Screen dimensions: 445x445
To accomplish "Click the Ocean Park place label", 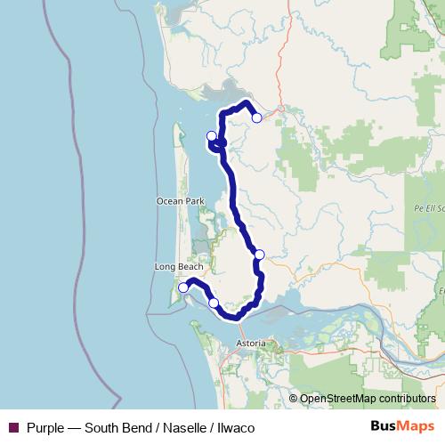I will pos(181,202).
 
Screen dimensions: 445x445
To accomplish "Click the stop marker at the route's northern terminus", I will pos(256,117).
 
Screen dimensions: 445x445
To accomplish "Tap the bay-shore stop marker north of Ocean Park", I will pos(211,136).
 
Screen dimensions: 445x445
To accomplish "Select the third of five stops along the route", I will pos(259,255).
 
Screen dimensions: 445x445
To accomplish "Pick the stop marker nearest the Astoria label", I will pos(214,303).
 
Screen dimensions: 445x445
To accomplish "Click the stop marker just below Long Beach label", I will pos(182,287).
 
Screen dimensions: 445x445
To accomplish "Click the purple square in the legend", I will pos(13,427).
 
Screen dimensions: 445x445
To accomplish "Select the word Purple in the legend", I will pos(45,427).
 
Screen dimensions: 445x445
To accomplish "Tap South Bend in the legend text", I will pos(116,427).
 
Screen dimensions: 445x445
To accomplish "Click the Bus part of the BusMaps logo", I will pos(382,426).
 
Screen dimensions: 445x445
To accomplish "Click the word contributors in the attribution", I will pos(406,399).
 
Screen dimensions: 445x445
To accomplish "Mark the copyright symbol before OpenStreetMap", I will pos(294,399).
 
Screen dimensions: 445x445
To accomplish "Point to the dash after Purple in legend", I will pos(75,427).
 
